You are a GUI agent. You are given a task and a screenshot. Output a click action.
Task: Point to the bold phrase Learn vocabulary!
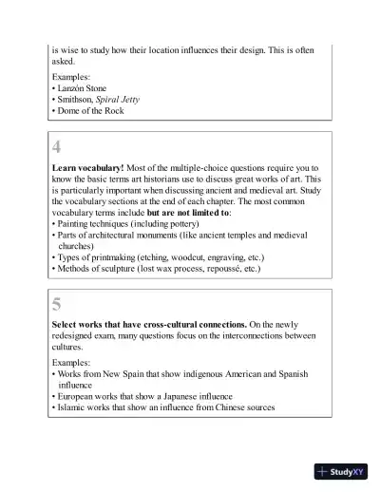(x=87, y=167)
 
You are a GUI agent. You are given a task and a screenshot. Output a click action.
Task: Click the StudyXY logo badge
(x=342, y=469)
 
